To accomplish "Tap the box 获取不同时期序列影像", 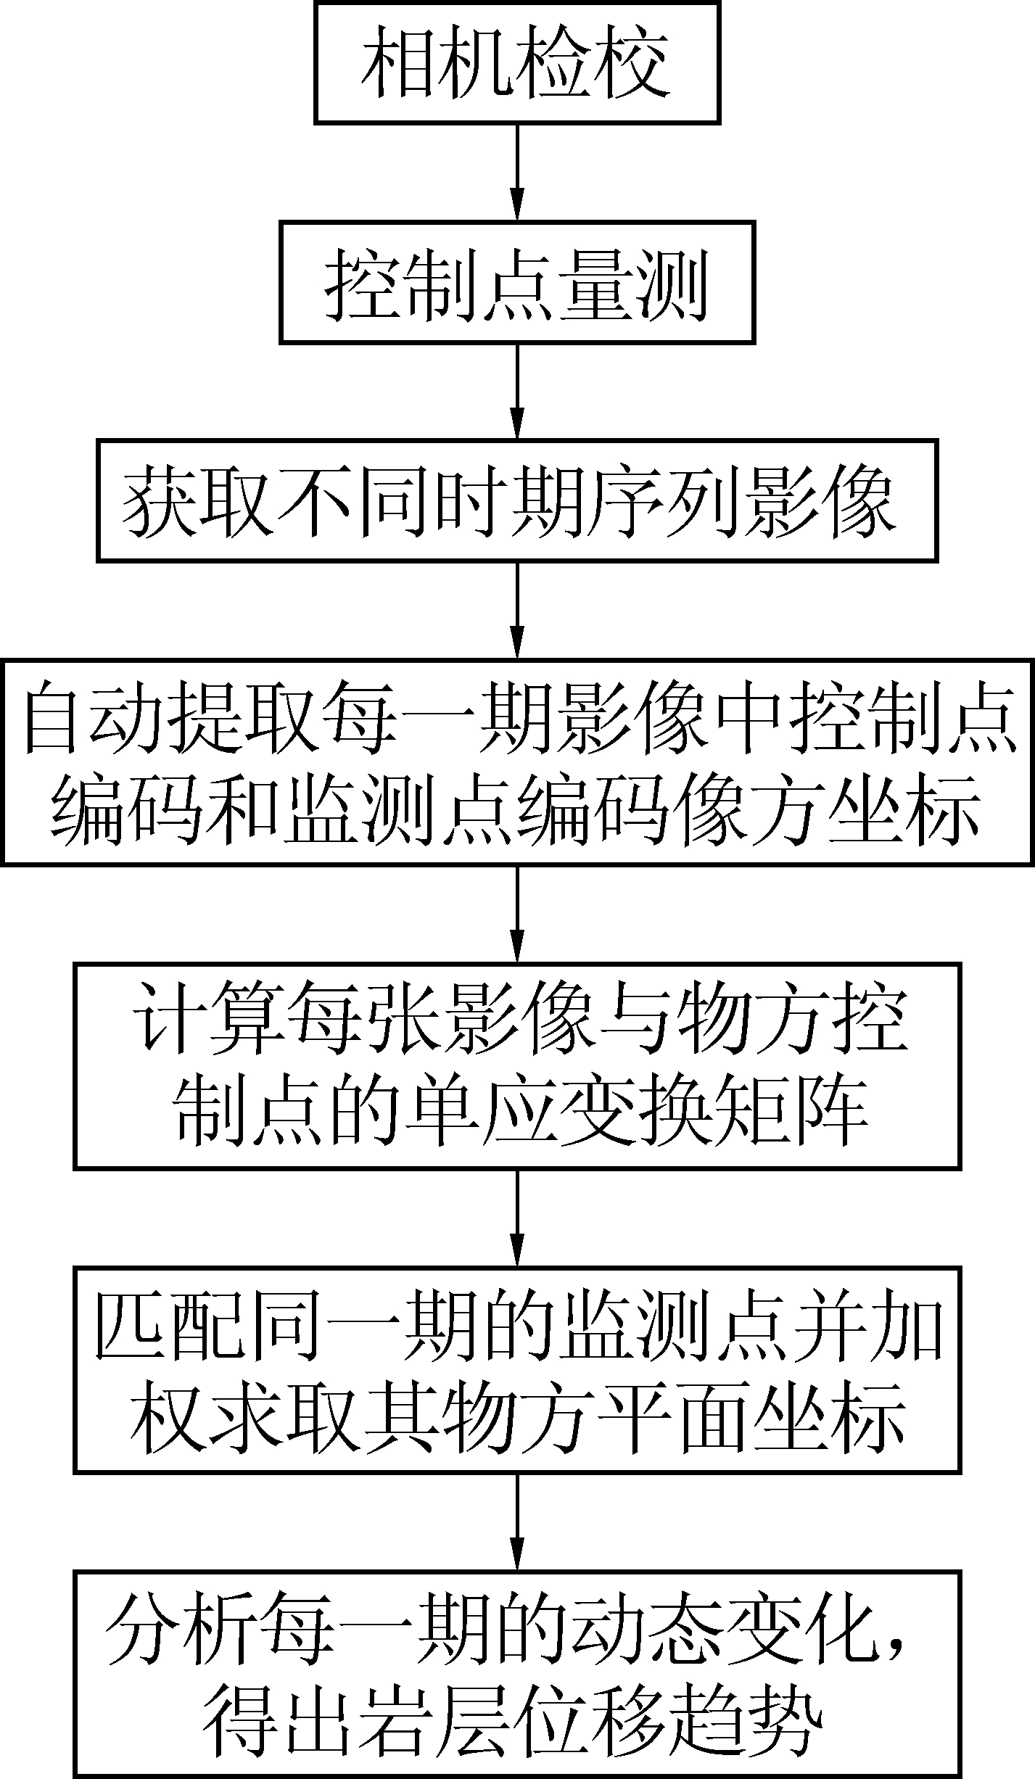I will point(517,500).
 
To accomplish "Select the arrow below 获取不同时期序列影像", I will point(517,609).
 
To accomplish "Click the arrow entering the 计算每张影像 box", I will point(517,914).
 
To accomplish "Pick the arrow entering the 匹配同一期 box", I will point(517,1218).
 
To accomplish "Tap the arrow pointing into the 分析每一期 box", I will point(517,1523).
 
